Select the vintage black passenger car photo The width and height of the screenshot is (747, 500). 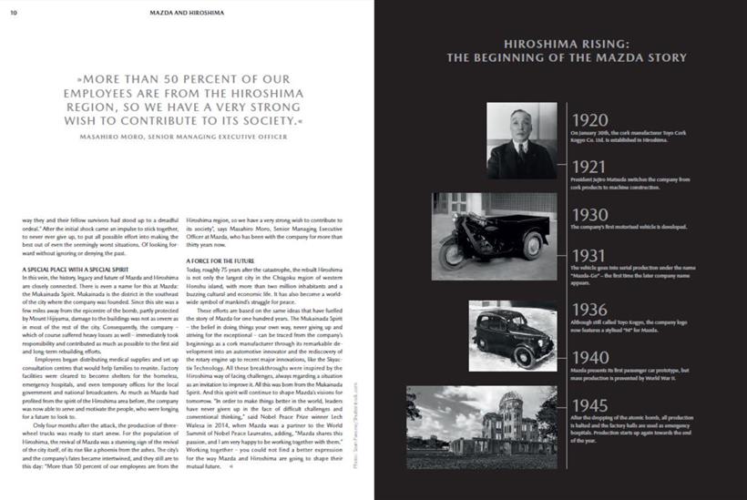point(512,332)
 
